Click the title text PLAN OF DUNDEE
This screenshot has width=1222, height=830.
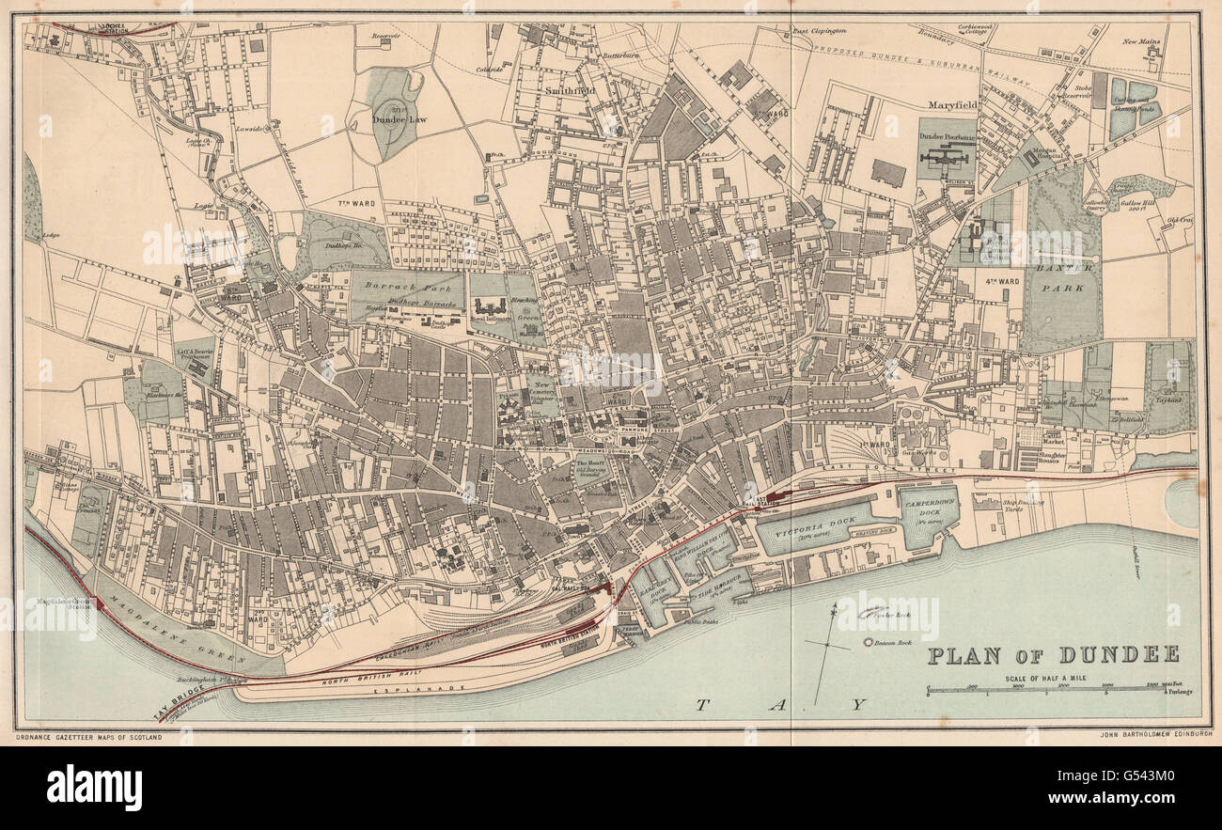pyautogui.click(x=1053, y=655)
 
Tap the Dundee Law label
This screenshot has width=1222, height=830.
pyautogui.click(x=395, y=119)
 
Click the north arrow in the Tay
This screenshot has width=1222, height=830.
pyautogui.click(x=827, y=649)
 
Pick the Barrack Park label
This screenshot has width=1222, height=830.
pyautogui.click(x=407, y=288)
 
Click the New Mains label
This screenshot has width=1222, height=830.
pyautogui.click(x=1141, y=42)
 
